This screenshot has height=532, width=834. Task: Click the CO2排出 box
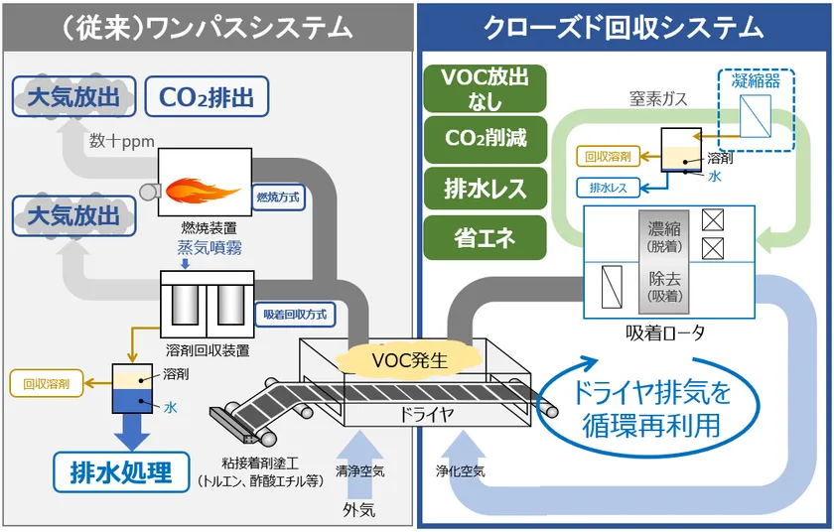[206, 97]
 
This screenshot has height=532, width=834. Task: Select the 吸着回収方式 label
[294, 315]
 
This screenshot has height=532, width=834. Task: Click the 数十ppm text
[121, 141]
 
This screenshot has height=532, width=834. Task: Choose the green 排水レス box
[485, 188]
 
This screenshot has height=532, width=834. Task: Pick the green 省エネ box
[485, 238]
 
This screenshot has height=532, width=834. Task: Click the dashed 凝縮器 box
[757, 109]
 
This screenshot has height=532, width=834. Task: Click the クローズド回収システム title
[624, 28]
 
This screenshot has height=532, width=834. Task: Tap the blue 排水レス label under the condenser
[609, 187]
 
